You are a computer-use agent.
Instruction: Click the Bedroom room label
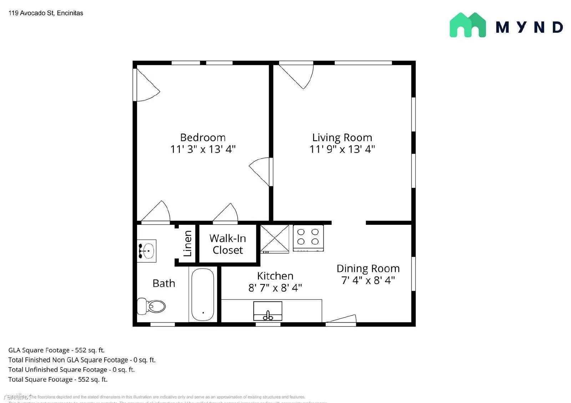203,138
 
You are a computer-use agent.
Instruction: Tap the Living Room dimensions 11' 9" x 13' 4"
342,149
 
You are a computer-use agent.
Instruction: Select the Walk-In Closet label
228,244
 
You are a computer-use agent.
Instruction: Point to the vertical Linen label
188,243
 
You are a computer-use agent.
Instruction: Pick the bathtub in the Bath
203,294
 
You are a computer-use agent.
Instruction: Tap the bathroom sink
147,251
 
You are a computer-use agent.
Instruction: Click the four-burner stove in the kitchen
308,237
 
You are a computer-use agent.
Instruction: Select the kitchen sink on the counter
268,311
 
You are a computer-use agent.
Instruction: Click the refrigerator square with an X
274,238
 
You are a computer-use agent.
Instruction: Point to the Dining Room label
368,268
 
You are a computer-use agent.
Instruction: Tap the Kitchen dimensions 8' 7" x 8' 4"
275,288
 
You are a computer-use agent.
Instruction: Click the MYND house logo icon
468,25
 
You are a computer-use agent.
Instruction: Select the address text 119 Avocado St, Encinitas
46,13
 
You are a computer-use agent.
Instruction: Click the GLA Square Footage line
56,350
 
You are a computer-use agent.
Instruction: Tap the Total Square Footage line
58,379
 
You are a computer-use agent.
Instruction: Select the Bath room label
164,283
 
